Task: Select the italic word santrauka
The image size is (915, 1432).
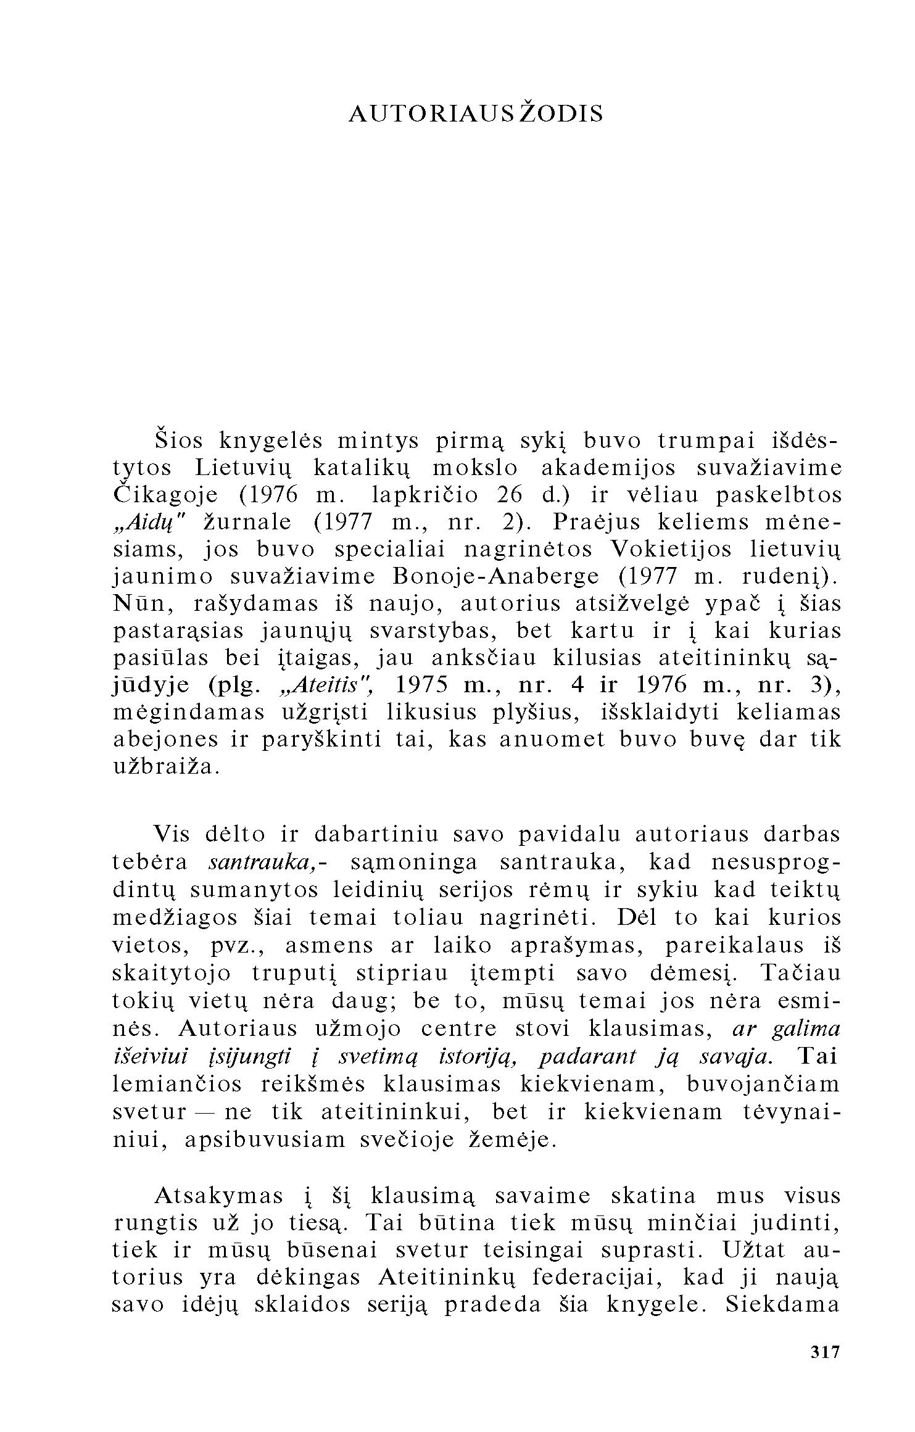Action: tap(263, 862)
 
